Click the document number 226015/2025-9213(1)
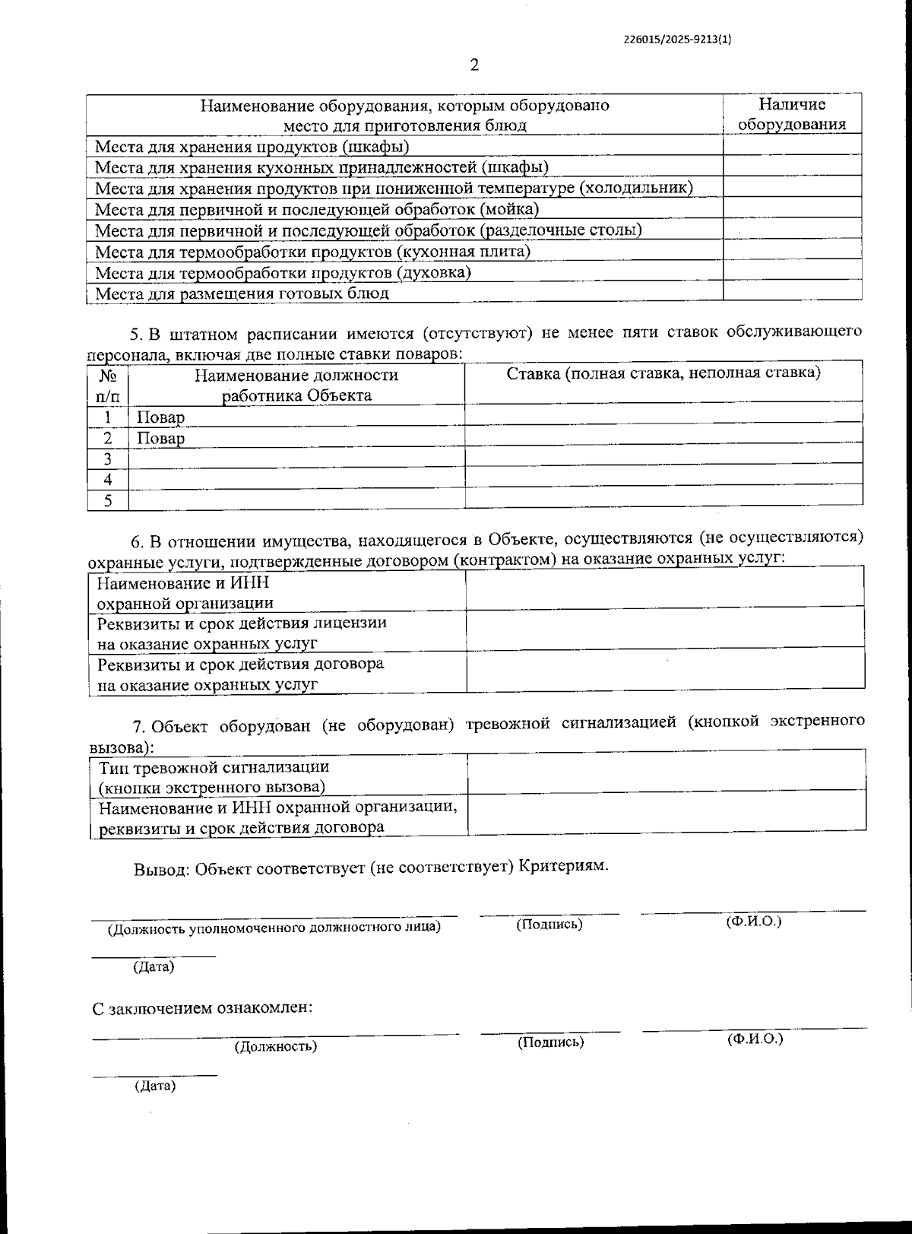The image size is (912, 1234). [682, 42]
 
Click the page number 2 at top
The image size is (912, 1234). [475, 65]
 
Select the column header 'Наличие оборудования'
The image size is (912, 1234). [792, 115]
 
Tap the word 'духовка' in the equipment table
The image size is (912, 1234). [434, 272]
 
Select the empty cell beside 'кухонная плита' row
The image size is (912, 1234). [792, 250]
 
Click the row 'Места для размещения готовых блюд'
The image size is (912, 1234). [242, 293]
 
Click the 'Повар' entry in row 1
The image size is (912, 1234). [160, 417]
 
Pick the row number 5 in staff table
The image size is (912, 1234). [108, 500]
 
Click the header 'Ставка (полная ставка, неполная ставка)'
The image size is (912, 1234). [663, 373]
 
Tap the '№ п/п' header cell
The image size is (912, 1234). [108, 385]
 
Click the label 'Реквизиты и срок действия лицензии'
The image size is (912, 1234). [242, 623]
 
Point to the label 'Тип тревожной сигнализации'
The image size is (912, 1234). [214, 767]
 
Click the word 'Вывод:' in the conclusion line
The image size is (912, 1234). [162, 868]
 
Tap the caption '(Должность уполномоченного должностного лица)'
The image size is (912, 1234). [274, 928]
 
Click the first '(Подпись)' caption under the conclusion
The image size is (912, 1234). [549, 925]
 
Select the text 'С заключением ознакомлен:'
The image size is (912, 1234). [202, 1009]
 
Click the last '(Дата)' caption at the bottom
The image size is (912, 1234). [155, 1086]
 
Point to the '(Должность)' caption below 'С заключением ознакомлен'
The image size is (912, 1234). [276, 1046]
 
